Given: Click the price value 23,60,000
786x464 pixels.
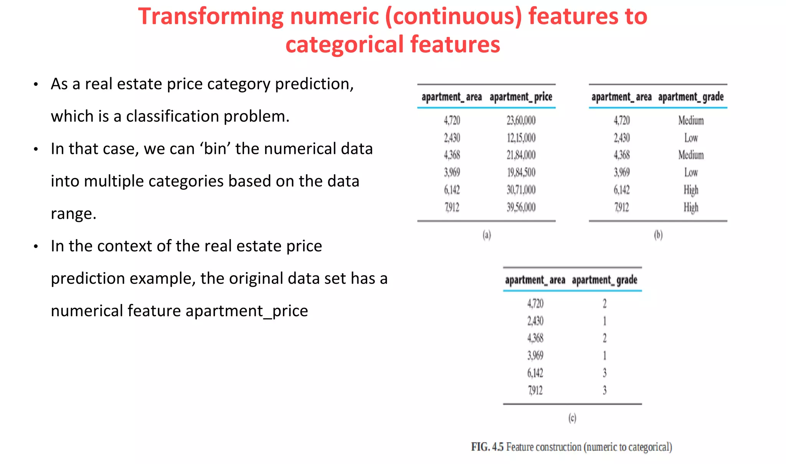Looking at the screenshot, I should (x=521, y=121).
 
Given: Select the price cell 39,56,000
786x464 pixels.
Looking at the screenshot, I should (x=521, y=208).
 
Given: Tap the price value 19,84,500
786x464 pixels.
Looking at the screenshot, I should (x=521, y=173).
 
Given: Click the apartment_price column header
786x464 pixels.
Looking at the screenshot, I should (x=521, y=97).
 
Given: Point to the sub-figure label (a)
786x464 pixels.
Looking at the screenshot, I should (x=487, y=235).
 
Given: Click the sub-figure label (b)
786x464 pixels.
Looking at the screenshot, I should (x=658, y=235).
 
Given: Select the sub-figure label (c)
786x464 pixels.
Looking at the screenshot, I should (x=572, y=418).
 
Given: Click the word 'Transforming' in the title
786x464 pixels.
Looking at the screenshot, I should (x=210, y=17).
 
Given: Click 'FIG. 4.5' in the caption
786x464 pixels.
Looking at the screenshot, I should (x=487, y=447).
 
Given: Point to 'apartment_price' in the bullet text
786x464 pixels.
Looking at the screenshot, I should (x=246, y=311).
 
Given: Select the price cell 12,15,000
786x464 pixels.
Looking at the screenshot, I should (x=521, y=138).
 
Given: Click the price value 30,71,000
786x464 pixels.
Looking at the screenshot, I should (x=521, y=190).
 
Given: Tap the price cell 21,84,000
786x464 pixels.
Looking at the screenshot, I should (x=521, y=155).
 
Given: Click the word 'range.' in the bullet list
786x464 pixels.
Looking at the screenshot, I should (x=73, y=214).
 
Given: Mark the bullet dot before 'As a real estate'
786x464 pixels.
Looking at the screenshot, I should (x=36, y=84).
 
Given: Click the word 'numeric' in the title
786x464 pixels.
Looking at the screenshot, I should (x=334, y=17).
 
